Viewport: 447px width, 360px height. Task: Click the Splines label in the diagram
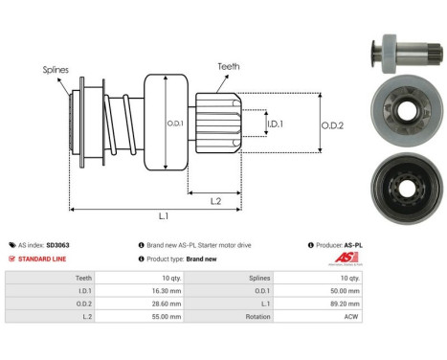[56, 70]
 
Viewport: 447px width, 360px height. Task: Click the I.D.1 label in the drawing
[274, 124]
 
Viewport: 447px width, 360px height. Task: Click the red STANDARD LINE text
[45, 259]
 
